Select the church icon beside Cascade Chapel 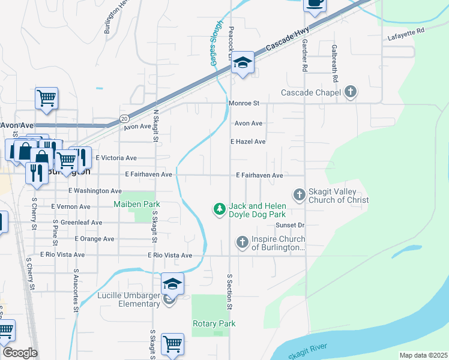tap(351, 92)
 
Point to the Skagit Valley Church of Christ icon tap(299, 194)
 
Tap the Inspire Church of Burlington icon tap(242, 242)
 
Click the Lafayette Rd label tap(406, 30)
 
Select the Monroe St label tap(243, 103)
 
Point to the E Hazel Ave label tap(249, 142)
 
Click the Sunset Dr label tap(291, 225)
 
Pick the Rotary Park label tap(214, 324)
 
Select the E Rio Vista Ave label tap(170, 256)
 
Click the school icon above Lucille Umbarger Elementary tap(172, 283)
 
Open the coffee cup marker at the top tap(314, 4)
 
